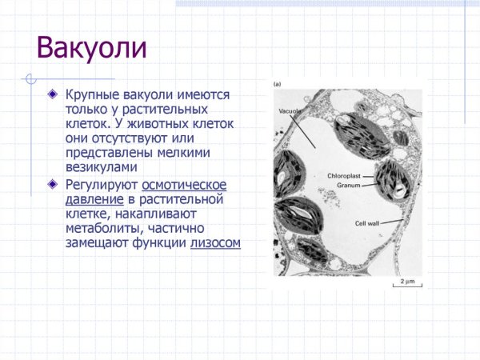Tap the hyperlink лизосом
215,243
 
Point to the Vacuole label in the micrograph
290,110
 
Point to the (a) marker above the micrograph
278,84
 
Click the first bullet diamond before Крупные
53,94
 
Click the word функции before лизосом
159,243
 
